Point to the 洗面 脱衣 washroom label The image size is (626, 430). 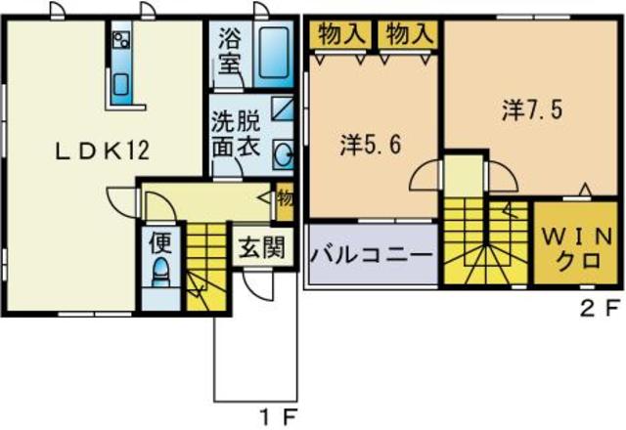pos(237,136)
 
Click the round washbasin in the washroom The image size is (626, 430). pos(283,154)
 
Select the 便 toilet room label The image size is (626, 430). pos(158,239)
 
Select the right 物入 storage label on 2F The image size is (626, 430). pos(408,34)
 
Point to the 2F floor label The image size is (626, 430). pos(599,311)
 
